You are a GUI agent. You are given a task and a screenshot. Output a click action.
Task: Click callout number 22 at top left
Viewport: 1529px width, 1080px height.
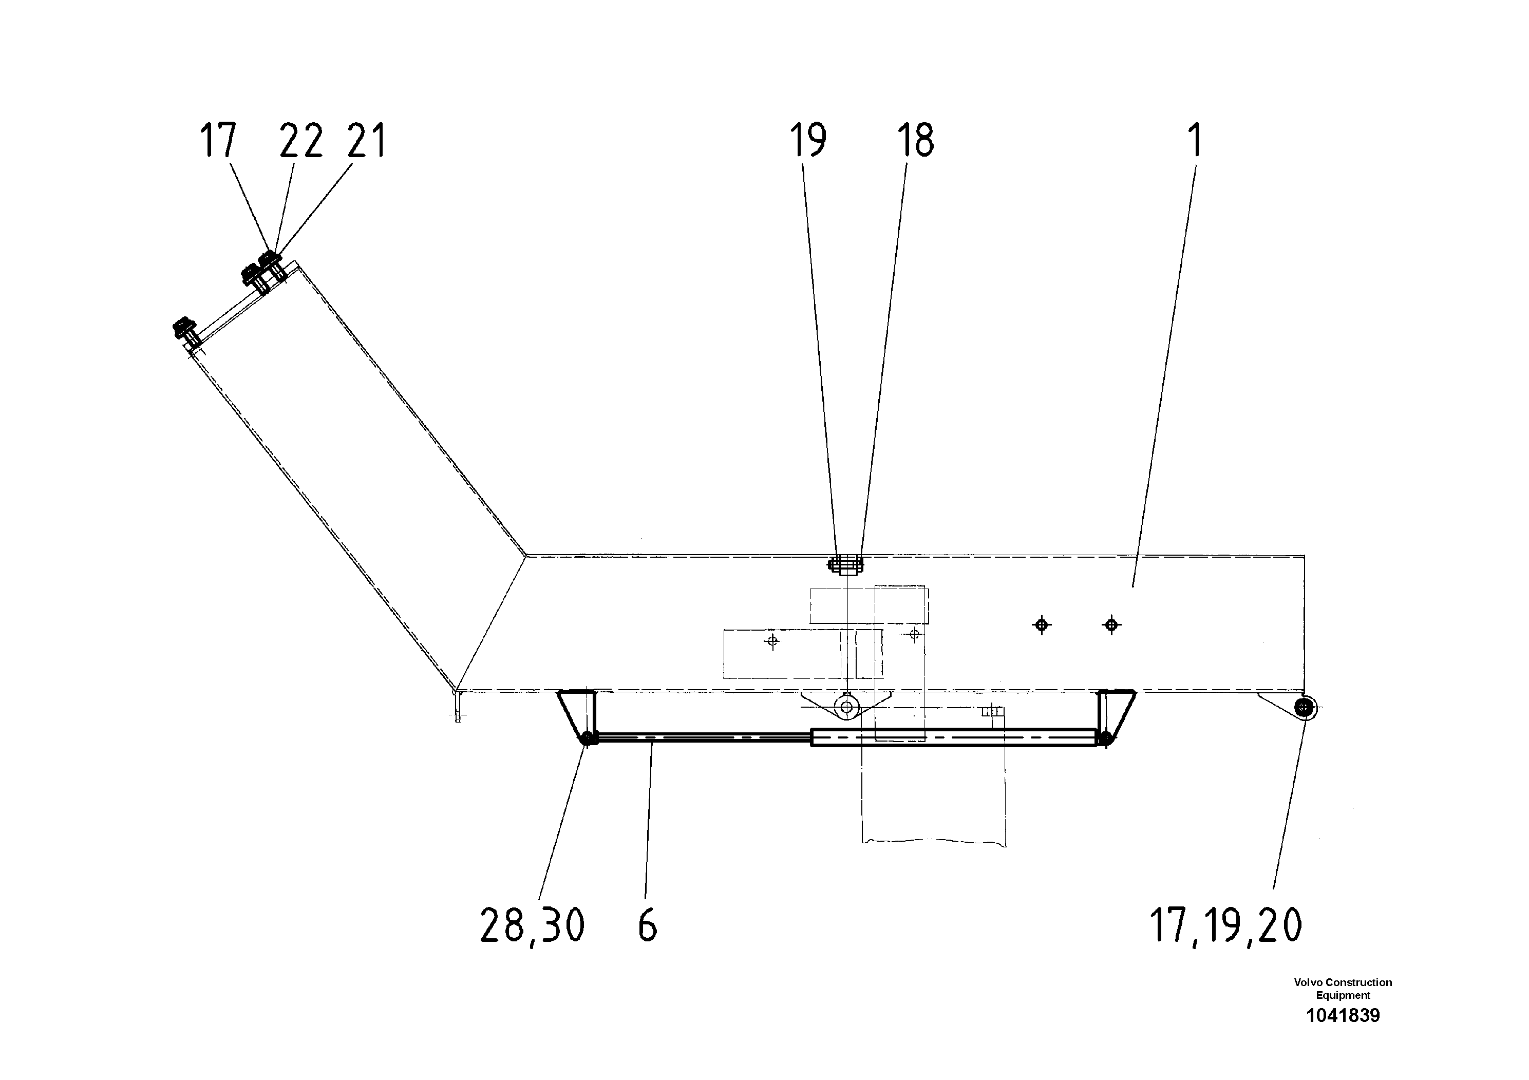click(x=301, y=141)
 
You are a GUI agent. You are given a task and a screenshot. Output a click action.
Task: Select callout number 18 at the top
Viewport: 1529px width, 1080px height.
click(x=915, y=141)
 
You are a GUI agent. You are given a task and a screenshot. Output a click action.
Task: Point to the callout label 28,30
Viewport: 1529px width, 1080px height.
click(x=532, y=925)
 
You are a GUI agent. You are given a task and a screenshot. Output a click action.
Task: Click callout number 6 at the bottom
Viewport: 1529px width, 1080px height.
click(x=647, y=925)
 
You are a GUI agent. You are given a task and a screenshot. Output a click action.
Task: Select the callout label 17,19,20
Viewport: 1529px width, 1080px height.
click(x=1225, y=925)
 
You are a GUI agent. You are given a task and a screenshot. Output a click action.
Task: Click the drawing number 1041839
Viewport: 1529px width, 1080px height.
click(x=1343, y=1015)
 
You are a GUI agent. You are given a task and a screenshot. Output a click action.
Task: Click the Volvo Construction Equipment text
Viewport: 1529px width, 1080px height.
click(x=1343, y=988)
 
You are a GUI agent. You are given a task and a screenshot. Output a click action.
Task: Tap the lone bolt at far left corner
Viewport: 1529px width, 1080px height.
click(x=184, y=330)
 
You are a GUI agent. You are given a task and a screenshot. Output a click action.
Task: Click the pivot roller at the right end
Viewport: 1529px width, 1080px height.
click(x=1304, y=709)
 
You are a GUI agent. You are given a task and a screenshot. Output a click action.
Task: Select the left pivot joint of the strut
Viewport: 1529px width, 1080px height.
click(x=588, y=738)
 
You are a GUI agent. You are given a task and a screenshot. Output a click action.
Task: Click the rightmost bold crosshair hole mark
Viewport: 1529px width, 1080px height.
click(x=1111, y=624)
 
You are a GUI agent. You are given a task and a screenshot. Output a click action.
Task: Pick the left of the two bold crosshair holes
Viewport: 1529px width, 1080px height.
click(x=1042, y=624)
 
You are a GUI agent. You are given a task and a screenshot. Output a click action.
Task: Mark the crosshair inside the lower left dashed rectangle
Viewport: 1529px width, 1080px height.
click(x=772, y=641)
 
